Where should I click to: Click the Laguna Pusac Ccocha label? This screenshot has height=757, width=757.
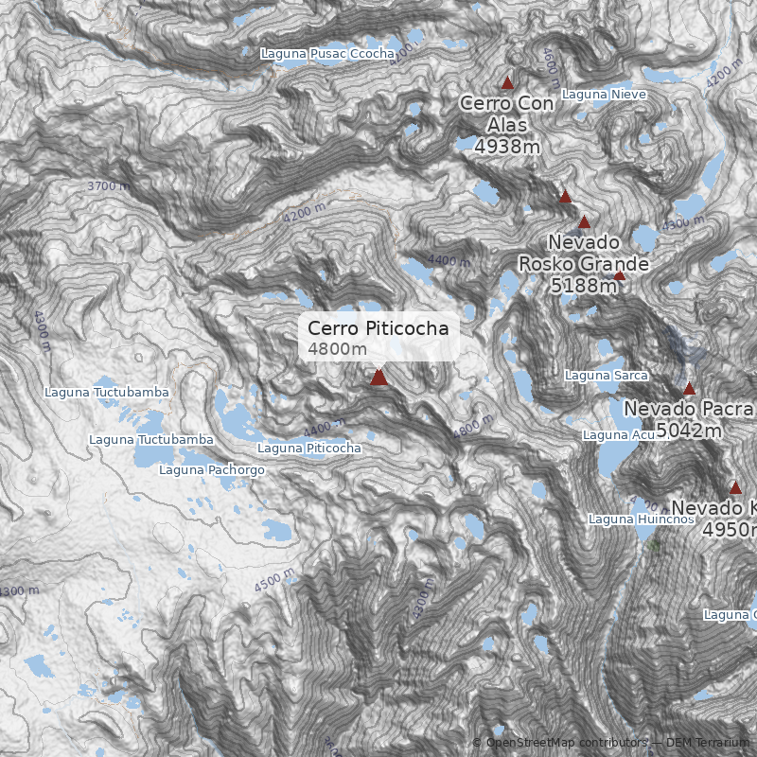(327, 54)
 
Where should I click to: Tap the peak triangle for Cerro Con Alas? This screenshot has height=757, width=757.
(507, 82)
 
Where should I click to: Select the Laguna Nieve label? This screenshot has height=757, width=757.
(604, 94)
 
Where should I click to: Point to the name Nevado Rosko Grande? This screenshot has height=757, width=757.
(584, 253)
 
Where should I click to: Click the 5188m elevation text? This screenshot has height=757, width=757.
(584, 285)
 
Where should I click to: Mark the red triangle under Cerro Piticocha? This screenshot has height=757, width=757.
(378, 378)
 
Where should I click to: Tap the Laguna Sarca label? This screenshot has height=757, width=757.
(606, 376)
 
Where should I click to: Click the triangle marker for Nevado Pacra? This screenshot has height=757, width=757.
(689, 389)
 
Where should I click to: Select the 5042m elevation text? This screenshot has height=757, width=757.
(689, 431)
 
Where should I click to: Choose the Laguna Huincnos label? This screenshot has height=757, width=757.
(628, 519)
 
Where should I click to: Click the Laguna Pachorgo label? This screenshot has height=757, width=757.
(212, 469)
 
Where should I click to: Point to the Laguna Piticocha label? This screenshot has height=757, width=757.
(309, 448)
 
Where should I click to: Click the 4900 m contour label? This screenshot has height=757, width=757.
(43, 330)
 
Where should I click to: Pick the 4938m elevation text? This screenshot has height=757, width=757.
(507, 147)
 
